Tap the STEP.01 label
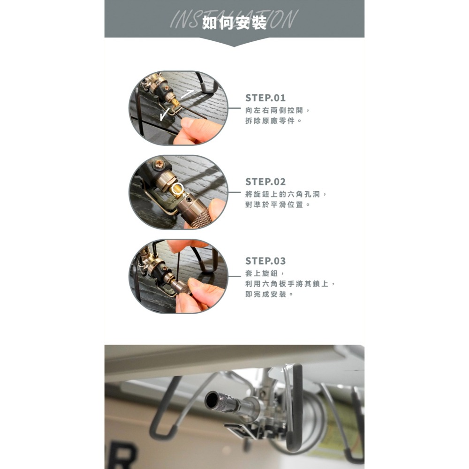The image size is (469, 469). [265, 98]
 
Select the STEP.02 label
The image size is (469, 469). [265, 182]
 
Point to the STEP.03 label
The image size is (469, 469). [265, 261]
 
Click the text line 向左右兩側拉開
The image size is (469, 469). [277, 110]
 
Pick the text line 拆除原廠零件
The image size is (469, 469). [273, 121]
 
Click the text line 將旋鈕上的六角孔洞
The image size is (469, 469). [286, 194]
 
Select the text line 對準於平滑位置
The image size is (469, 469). [277, 205]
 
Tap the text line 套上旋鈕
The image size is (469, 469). [265, 273]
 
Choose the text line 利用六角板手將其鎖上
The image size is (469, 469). [290, 284]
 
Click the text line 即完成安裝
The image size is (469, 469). [269, 295]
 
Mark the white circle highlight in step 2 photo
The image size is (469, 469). [177, 189]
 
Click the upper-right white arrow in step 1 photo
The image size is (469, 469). [188, 94]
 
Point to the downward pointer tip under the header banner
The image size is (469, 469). [234, 45]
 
